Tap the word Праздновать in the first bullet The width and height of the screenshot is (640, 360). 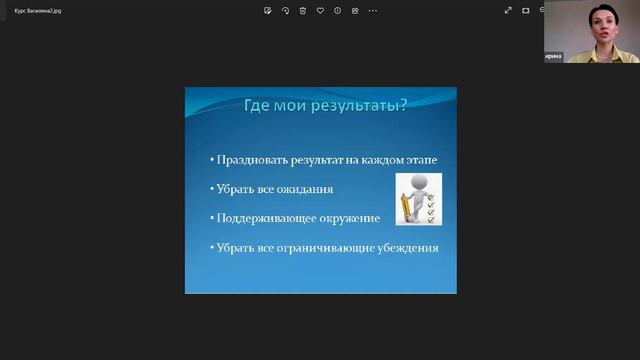245,159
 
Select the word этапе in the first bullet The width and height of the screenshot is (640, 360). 418,159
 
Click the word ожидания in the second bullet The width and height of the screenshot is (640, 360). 304,188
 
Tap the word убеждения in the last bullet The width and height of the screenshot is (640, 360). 408,247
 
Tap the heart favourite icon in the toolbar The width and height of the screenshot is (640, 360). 320,10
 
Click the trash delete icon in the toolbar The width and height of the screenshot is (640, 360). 303,10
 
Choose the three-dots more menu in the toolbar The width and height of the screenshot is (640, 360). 373,10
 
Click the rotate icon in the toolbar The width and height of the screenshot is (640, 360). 285,10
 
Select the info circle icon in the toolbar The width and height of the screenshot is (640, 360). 338,10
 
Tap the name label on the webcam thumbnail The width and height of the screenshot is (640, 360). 553,57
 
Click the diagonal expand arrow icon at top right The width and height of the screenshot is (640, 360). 508,10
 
